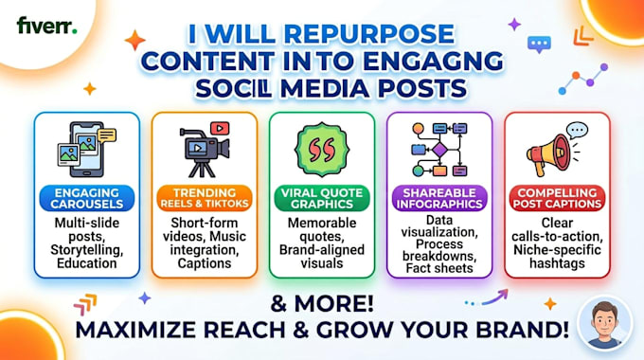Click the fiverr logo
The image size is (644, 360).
pyautogui.click(x=46, y=26)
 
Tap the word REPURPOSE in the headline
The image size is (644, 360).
pyautogui.click(x=368, y=34)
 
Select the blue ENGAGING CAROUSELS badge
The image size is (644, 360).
pyautogui.click(x=87, y=198)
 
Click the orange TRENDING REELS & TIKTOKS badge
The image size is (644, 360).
pyautogui.click(x=205, y=198)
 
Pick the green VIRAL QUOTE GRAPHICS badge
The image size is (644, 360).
pyautogui.click(x=322, y=198)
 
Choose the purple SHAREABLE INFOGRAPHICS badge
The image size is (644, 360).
pyautogui.click(x=439, y=198)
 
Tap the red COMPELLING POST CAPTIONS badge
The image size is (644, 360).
pyautogui.click(x=557, y=198)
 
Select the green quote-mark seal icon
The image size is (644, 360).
pyautogui.click(x=322, y=149)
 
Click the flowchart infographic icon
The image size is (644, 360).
pyautogui.click(x=439, y=150)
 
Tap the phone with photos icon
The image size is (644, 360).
pyautogui.click(x=86, y=149)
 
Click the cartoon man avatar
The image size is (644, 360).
pyautogui.click(x=604, y=324)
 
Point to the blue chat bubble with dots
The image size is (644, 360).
pyautogui.click(x=539, y=45)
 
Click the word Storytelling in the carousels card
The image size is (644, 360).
pyautogui.click(x=87, y=250)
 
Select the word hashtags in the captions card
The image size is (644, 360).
pyautogui.click(x=557, y=263)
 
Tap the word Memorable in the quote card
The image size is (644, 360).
pyautogui.click(x=322, y=223)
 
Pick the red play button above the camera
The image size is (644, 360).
pyautogui.click(x=220, y=128)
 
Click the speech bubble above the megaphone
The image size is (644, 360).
pyautogui.click(x=577, y=131)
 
